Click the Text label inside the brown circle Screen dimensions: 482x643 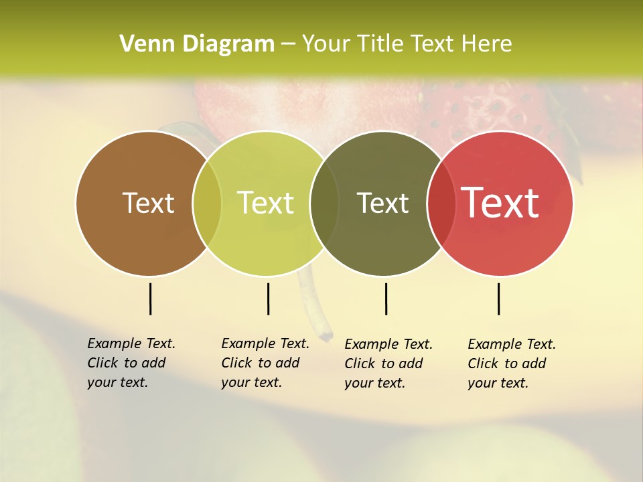pos(148,203)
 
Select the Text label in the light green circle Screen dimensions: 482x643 pos(266,203)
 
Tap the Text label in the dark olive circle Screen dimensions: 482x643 pos(382,203)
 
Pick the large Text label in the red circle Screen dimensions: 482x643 pos(500,203)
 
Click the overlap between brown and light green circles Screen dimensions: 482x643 pos(207,203)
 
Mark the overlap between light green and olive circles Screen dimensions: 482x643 pos(324,203)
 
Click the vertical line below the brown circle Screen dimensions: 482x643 pos(150,299)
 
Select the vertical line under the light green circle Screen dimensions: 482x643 pos(268,299)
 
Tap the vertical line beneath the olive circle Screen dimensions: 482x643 pos(386,299)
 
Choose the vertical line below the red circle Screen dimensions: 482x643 pos(498,299)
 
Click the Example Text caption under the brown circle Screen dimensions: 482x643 pos(131,363)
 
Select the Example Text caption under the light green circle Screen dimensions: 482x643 pos(265,363)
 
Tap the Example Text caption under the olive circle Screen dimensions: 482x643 pos(388,364)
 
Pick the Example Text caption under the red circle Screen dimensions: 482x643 pos(512,364)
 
